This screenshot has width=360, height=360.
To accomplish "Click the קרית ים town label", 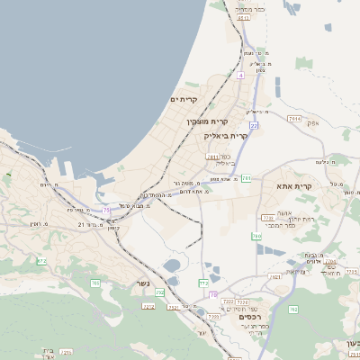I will pos(184,100).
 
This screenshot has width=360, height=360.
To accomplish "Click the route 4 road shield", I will pos(241,76).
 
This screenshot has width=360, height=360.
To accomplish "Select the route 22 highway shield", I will pos(254,126).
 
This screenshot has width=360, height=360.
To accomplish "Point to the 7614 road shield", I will pos(294,118).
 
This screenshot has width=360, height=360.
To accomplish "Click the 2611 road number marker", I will pos(212,157).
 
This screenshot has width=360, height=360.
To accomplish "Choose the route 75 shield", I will pos(107,211).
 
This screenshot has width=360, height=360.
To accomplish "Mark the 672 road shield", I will pos(40,262).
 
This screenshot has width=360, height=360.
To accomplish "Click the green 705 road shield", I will pos(95,283).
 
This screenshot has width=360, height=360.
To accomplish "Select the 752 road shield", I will pos(161,292).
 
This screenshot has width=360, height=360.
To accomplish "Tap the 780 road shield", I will pos(256,237).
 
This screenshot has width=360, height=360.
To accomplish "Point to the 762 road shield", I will pos(292,310).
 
